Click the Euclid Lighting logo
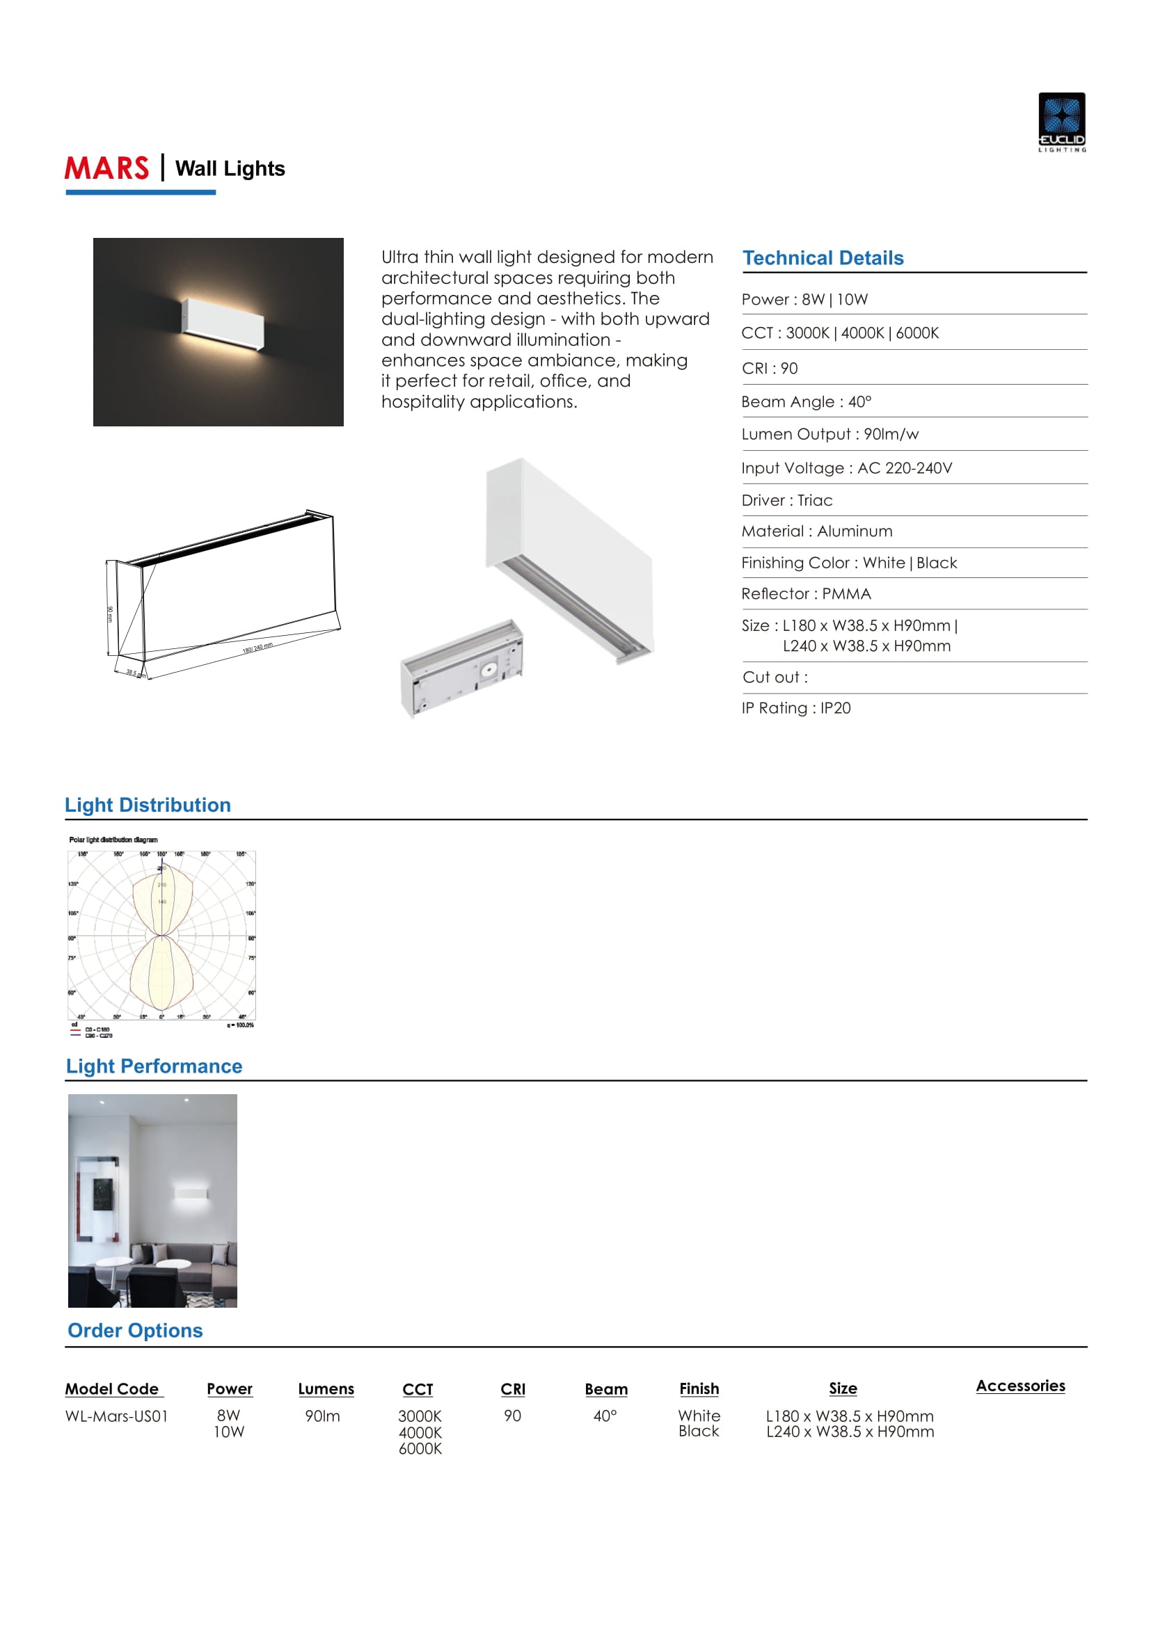[x=1062, y=121]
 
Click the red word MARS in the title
[x=107, y=168]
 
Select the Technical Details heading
[x=823, y=258]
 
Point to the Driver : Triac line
[x=787, y=500]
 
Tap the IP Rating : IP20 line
[x=796, y=708]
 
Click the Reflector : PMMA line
[x=806, y=594]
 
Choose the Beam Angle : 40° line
[x=806, y=402]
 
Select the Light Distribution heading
[x=148, y=805]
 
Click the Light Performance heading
[x=154, y=1066]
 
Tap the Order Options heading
[x=135, y=1331]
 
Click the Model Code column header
[x=113, y=1389]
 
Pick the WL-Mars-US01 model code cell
[x=116, y=1416]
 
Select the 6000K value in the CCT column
[x=420, y=1449]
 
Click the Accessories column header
[x=1020, y=1386]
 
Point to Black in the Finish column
[x=698, y=1432]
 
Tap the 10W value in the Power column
[x=229, y=1432]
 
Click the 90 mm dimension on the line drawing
[x=110, y=614]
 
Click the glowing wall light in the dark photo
[x=223, y=325]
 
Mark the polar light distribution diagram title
[x=113, y=840]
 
